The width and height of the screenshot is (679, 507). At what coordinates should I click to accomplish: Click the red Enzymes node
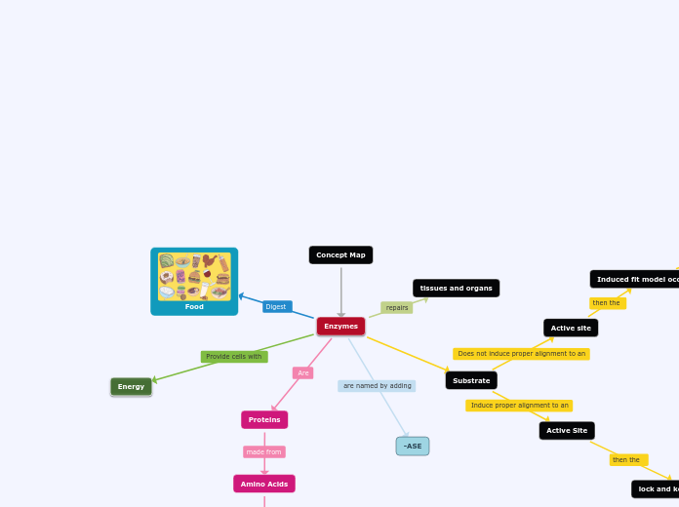[340, 327]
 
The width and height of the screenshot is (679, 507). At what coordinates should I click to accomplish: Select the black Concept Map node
[340, 255]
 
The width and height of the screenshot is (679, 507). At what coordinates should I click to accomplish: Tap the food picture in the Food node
[194, 276]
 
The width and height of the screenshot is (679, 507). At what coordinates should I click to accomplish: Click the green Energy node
[131, 387]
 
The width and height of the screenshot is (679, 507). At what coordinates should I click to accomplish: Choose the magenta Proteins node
[264, 420]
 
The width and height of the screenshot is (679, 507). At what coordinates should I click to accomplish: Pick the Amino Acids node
[264, 485]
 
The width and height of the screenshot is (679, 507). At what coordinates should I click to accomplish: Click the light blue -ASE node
[413, 447]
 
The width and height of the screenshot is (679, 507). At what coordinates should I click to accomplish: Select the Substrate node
[471, 381]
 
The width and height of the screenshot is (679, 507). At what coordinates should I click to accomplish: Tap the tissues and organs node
[456, 289]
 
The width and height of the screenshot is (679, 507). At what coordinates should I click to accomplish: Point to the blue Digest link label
[277, 307]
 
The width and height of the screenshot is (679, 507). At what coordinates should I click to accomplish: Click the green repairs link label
[397, 308]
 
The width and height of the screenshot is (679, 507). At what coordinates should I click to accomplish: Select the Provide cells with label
[234, 357]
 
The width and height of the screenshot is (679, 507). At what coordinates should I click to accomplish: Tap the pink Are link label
[303, 373]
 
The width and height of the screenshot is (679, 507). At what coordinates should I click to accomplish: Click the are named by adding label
[377, 386]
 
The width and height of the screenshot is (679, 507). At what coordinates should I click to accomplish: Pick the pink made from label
[264, 452]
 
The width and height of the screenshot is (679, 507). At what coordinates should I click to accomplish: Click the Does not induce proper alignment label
[521, 354]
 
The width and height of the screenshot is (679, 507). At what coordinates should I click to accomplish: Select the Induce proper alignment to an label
[519, 406]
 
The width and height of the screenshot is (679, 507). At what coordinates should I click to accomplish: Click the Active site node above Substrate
[571, 329]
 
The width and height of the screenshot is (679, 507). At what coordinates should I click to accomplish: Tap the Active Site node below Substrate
[567, 431]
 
